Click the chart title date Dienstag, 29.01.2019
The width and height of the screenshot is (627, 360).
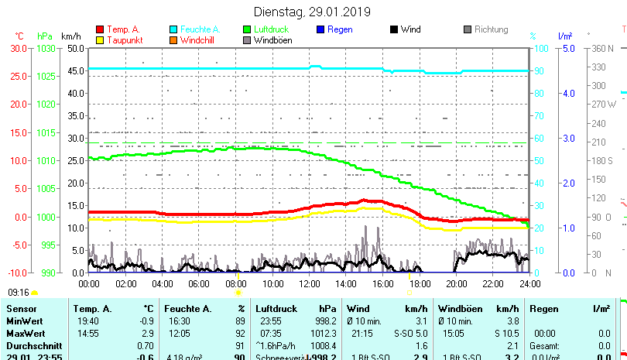coord(313,12)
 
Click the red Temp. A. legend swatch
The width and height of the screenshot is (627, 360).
coord(100,29)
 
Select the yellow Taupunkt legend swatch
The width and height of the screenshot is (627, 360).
coord(100,39)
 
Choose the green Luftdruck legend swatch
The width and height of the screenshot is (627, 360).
coord(247,29)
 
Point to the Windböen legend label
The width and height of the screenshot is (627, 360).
coord(272,40)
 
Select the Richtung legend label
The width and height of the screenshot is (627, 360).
coord(492,29)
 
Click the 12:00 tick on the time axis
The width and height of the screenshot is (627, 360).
coord(309,284)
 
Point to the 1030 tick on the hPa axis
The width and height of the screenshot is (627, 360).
coord(46,48)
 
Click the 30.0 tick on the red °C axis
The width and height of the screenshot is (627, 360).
coord(18,48)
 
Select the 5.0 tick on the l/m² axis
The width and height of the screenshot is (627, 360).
coord(567,48)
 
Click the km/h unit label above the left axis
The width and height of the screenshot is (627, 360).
coord(71,36)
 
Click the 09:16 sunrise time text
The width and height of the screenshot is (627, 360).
coord(19,293)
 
